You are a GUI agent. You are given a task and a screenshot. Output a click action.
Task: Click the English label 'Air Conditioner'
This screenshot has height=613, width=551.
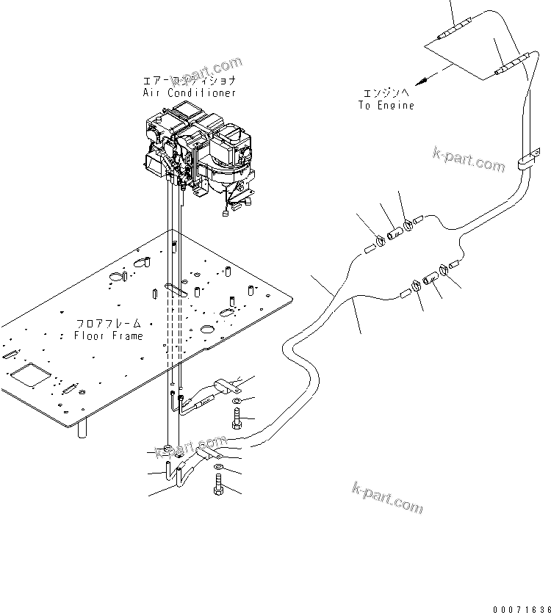[x=190, y=93]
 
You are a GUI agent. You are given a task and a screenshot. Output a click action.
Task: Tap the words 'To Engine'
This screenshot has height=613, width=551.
[x=386, y=105]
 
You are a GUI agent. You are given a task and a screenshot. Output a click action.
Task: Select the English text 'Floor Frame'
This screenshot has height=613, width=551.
[x=109, y=335]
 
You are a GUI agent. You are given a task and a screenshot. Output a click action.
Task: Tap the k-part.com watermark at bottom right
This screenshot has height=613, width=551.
[x=388, y=498]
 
